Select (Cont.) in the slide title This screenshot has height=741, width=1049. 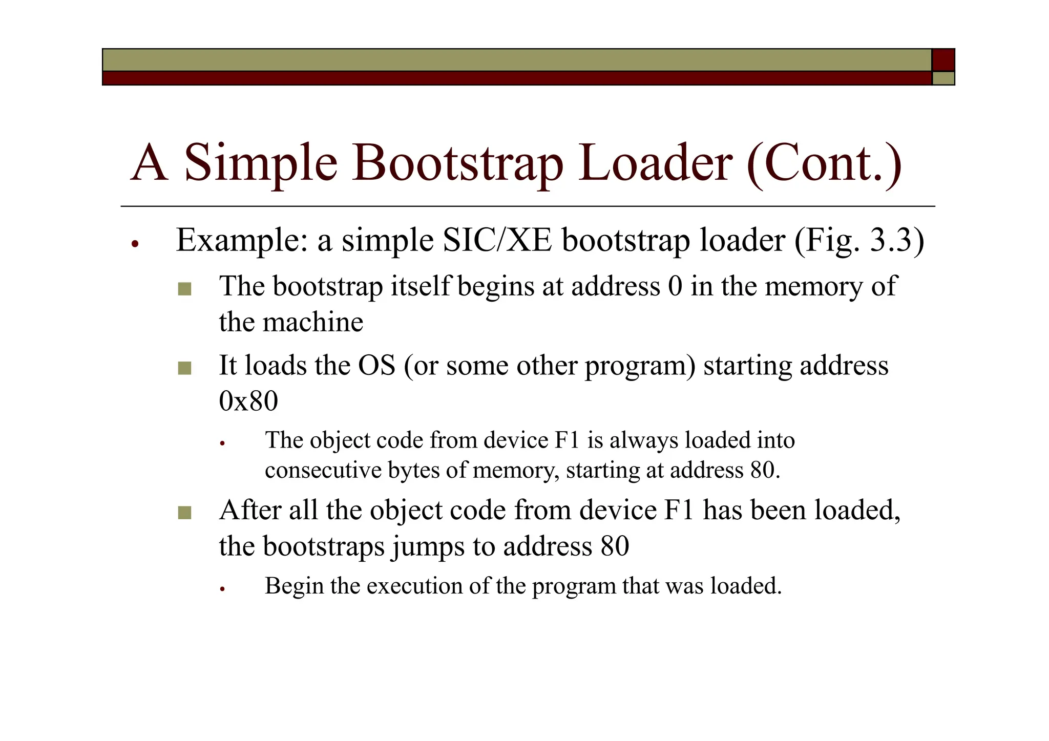point(824,163)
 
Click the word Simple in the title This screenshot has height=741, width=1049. point(260,163)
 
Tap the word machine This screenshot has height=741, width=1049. point(312,322)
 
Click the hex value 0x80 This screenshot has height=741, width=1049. point(248,400)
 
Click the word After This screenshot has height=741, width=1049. point(250,511)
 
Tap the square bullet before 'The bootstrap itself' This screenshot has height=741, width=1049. point(184,289)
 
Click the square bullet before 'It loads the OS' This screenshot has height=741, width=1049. point(184,368)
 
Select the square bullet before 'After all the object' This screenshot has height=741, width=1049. point(184,513)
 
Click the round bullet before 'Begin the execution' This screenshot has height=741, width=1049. point(222,589)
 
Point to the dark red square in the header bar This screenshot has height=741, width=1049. point(943,60)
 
